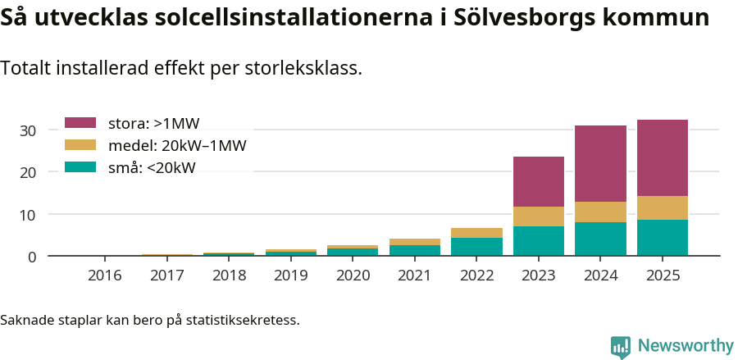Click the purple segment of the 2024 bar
point(600,163)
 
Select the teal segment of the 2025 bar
point(663,238)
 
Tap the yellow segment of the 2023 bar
point(539,216)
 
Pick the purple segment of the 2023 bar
point(539,181)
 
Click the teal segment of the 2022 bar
point(476,247)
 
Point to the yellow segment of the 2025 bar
point(663,207)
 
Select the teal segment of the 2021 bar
point(415,250)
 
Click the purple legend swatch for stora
point(80,123)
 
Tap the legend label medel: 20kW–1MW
point(177,146)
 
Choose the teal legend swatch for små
point(80,167)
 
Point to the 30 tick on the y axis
point(28,130)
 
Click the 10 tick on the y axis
point(28,215)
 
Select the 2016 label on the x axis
point(104,276)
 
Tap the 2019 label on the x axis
point(290,276)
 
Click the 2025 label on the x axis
point(663,276)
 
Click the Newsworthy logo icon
point(621,346)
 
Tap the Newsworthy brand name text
point(685,346)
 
